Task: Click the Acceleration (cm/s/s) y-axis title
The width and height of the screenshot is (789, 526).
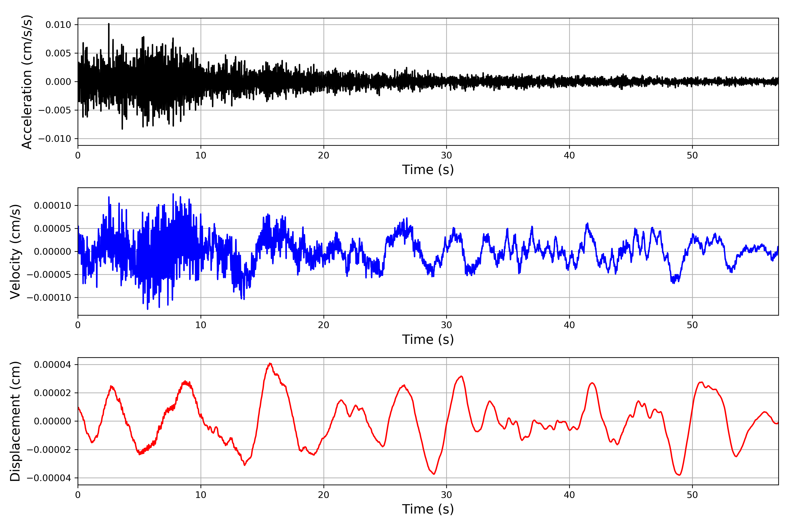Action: [27, 82]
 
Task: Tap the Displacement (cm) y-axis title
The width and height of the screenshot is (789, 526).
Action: [15, 421]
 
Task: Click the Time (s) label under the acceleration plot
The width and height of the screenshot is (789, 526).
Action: [428, 170]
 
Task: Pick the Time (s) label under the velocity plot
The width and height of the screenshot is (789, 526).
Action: [428, 339]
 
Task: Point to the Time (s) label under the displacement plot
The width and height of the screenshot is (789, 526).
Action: [428, 509]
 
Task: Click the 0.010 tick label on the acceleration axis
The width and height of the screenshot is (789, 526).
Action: [58, 25]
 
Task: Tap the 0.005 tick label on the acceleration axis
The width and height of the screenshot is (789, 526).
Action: [58, 53]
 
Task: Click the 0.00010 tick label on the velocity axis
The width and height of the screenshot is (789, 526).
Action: [53, 206]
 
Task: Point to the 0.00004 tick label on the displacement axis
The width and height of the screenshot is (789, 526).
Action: [53, 365]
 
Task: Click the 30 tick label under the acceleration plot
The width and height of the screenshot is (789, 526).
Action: [446, 156]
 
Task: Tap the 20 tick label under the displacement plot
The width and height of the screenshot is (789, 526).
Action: [324, 495]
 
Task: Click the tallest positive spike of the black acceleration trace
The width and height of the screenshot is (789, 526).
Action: [109, 24]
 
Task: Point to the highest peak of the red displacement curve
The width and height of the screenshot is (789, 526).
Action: [270, 364]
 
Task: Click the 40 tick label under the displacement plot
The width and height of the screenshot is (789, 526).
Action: [569, 495]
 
